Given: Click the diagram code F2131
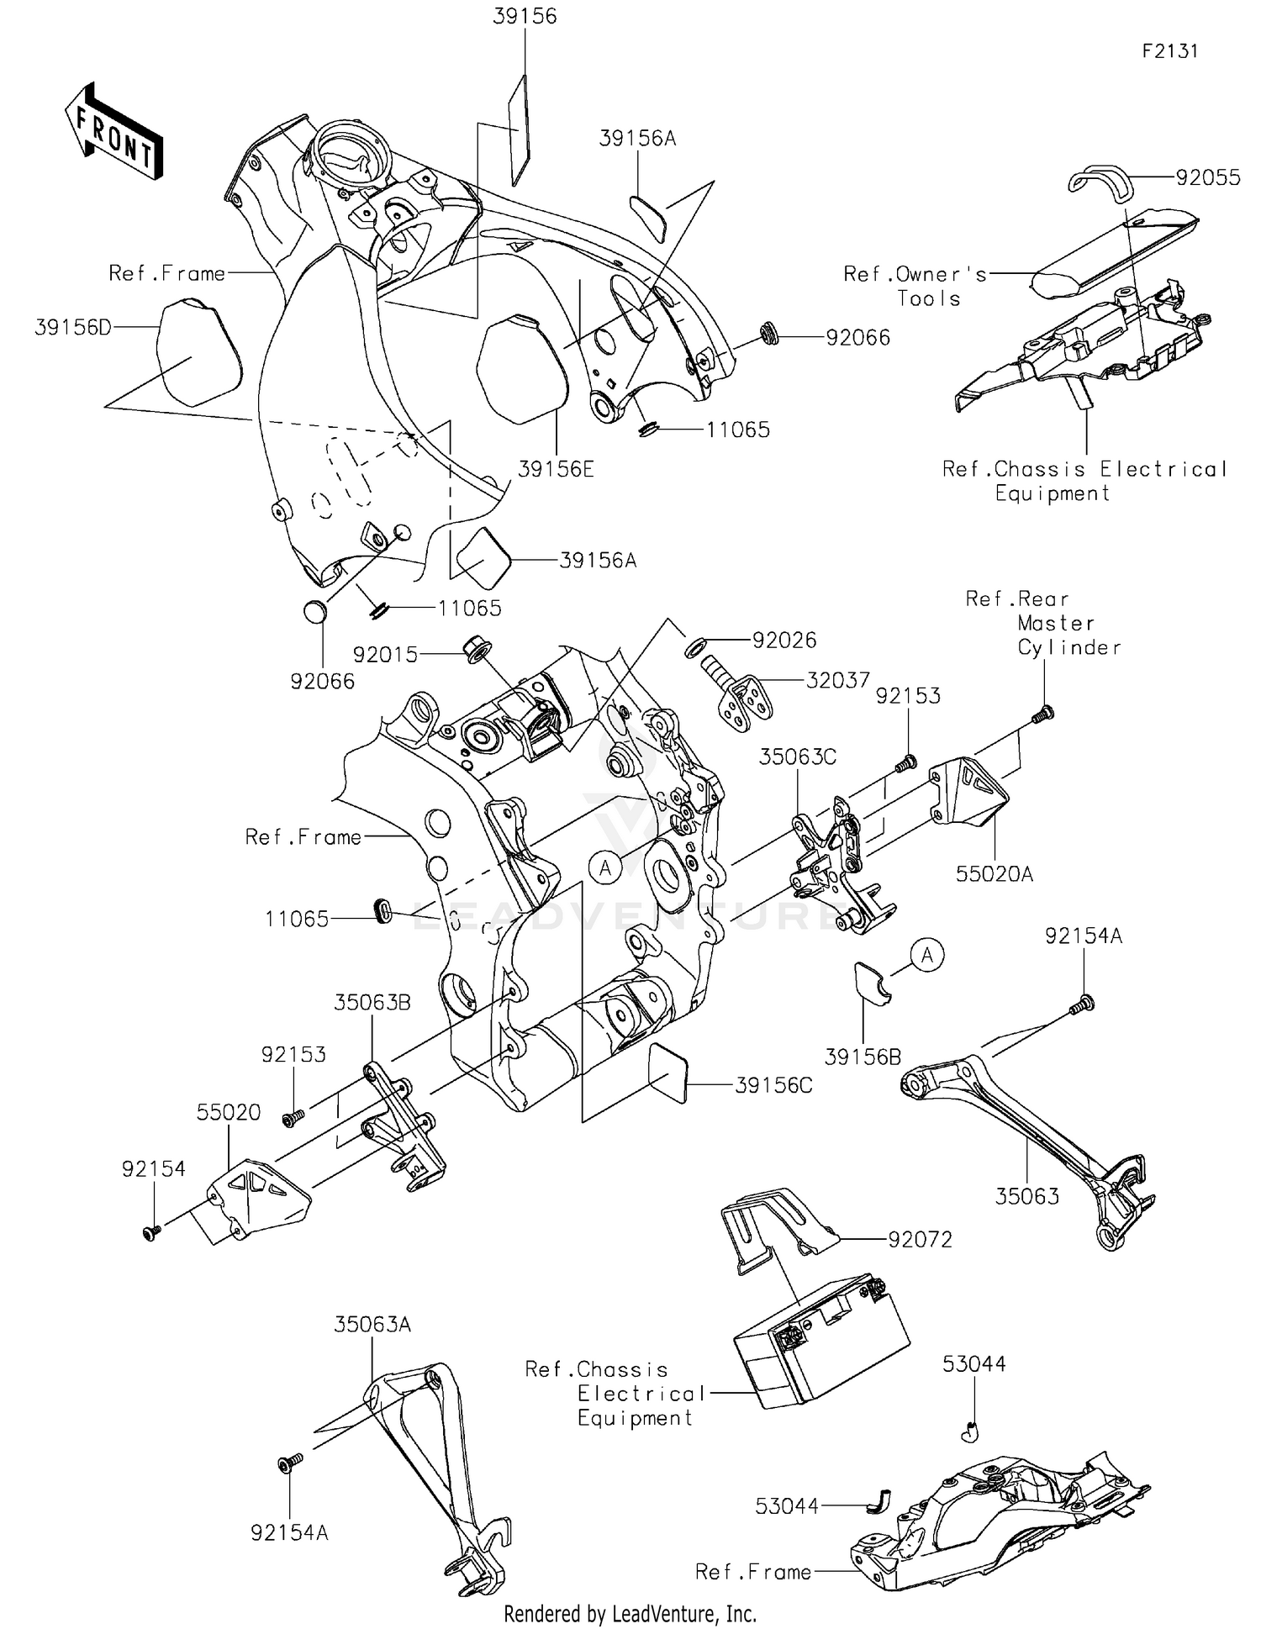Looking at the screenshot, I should pyautogui.click(x=1169, y=51).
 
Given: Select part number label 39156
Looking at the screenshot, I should pyautogui.click(x=525, y=17).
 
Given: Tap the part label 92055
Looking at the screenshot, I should pyautogui.click(x=1207, y=177).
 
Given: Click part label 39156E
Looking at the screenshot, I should pyautogui.click(x=555, y=469).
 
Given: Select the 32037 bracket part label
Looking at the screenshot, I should pyautogui.click(x=837, y=680).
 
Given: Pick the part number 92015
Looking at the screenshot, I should pyautogui.click(x=385, y=654).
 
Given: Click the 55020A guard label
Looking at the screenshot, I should pyautogui.click(x=994, y=874).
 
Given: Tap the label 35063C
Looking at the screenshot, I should pyautogui.click(x=797, y=757).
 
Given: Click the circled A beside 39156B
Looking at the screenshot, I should pyautogui.click(x=927, y=956).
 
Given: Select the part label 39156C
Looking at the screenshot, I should pyautogui.click(x=773, y=1085).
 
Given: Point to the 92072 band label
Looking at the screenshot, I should pyautogui.click(x=920, y=1240).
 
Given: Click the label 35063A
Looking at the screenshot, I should pyautogui.click(x=372, y=1325).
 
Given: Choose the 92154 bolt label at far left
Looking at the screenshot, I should pyautogui.click(x=153, y=1169).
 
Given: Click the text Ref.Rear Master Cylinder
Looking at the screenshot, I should pyautogui.click(x=1042, y=623).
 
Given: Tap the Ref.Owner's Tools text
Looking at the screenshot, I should pyautogui.click(x=915, y=286).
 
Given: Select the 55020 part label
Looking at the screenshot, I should pyautogui.click(x=229, y=1112).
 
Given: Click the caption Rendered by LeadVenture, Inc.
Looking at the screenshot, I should pyautogui.click(x=630, y=1614).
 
